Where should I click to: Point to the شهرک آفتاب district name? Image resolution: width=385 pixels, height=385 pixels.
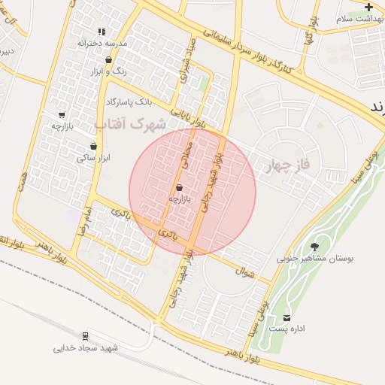tap(132, 122)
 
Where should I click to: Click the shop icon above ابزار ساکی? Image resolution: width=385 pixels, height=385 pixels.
tap(93, 147)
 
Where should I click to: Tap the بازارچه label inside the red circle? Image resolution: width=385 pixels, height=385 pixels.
tap(180, 199)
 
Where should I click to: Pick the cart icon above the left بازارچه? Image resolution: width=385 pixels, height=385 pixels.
tap(62, 115)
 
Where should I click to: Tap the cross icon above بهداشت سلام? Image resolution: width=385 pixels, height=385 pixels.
tap(368, 6)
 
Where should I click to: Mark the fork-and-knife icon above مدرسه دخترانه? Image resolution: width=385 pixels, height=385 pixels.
tap(101, 32)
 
